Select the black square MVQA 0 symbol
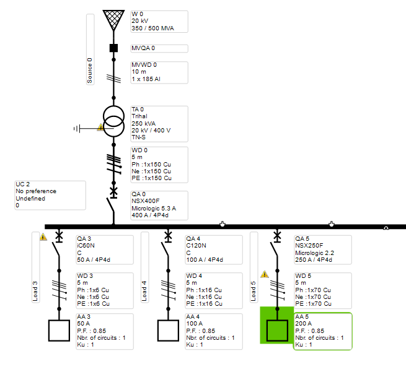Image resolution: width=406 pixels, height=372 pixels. pyautogui.click(x=113, y=48)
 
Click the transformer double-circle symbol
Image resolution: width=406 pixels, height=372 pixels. pyautogui.click(x=113, y=121)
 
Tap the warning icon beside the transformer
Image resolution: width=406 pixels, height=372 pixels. pyautogui.click(x=100, y=127)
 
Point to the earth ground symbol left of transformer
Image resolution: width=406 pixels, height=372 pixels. pyautogui.click(x=77, y=129)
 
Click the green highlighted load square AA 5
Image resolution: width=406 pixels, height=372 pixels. pyautogui.click(x=277, y=331)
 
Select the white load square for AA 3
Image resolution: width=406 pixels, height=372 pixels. pyautogui.click(x=59, y=331)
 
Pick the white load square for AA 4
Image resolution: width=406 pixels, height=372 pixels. pyautogui.click(x=169, y=331)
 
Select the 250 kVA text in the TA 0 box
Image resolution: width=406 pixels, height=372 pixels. pyautogui.click(x=143, y=123)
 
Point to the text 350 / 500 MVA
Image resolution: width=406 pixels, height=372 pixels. pyautogui.click(x=152, y=28)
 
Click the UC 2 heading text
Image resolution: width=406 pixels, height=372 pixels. pyautogui.click(x=23, y=184)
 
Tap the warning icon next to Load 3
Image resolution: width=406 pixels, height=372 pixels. pyautogui.click(x=43, y=237)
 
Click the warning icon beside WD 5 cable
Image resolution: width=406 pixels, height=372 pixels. pyautogui.click(x=265, y=274)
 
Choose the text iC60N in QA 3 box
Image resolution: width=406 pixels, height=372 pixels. pyautogui.click(x=86, y=246)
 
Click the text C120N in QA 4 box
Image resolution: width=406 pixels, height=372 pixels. pyautogui.click(x=196, y=246)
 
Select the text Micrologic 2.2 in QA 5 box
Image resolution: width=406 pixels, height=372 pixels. pyautogui.click(x=315, y=253)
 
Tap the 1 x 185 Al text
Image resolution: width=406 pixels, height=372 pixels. pyautogui.click(x=146, y=79)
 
